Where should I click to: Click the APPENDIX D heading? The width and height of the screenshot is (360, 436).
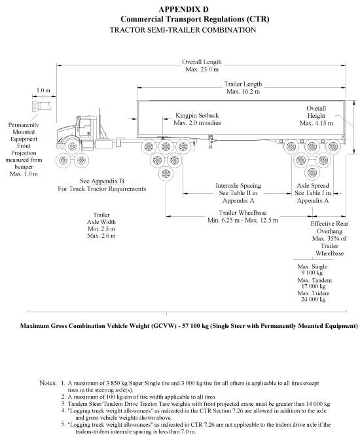tap(183, 9)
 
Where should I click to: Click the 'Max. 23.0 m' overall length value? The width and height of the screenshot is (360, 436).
tap(202, 69)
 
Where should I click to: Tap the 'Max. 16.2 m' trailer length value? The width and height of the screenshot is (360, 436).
tap(243, 92)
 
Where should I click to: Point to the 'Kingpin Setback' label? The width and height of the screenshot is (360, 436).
tap(197, 115)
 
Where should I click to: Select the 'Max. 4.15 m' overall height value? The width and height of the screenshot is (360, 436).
tap(316, 123)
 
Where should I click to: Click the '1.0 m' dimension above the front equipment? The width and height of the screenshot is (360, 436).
tap(43, 90)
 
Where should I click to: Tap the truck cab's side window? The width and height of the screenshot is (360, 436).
tap(85, 127)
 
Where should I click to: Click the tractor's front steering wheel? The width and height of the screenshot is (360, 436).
tap(73, 146)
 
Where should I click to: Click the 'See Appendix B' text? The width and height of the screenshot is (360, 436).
tap(101, 181)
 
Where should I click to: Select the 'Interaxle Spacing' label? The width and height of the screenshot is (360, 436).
tap(238, 185)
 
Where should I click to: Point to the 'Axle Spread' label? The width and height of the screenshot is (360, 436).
tap(313, 185)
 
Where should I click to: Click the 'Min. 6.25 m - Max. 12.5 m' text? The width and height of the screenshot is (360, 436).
tap(242, 221)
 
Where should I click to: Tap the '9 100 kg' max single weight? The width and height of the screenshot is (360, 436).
tap(312, 273)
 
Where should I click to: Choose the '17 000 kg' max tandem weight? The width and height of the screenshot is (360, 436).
tap(314, 286)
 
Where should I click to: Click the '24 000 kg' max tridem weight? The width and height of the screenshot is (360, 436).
tap(314, 299)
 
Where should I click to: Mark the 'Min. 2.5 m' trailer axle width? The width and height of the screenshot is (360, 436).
tap(101, 229)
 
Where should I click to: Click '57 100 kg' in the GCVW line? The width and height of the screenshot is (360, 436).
tap(195, 326)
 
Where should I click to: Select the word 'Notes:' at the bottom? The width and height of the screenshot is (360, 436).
tap(48, 383)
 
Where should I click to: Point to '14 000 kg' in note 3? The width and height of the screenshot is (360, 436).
tap(318, 404)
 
